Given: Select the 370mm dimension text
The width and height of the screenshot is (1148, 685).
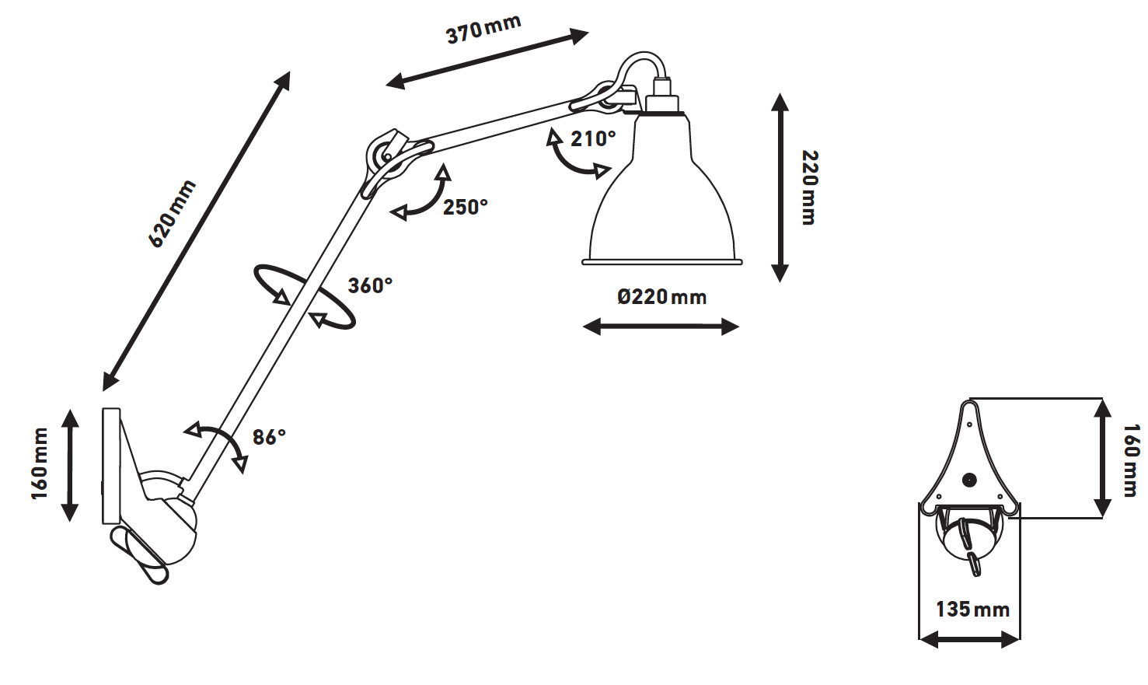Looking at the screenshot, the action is click(x=483, y=30).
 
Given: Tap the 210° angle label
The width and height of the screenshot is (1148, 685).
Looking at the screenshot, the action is click(x=593, y=139).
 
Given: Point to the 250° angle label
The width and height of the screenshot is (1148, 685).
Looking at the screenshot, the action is click(x=466, y=207).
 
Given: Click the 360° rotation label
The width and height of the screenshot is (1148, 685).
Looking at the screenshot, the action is click(x=370, y=285).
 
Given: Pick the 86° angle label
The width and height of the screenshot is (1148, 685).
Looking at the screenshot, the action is click(x=269, y=437).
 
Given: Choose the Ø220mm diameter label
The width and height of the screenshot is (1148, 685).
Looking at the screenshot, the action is click(x=661, y=297).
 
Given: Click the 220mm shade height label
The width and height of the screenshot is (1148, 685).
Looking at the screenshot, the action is click(x=810, y=187).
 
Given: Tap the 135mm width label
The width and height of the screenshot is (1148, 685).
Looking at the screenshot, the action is click(x=972, y=610).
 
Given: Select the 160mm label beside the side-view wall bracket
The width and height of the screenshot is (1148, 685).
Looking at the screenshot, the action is click(x=40, y=463).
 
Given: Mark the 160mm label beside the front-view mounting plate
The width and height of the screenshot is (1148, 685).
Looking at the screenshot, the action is click(x=1131, y=460).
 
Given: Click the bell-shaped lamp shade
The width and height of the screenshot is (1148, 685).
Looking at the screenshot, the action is click(x=662, y=188).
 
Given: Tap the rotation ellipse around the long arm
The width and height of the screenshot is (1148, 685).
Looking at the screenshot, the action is click(x=305, y=296).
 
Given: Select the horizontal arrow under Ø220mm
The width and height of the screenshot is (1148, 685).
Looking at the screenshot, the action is click(x=661, y=327).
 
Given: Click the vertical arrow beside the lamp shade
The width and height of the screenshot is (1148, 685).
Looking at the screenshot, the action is click(x=780, y=187).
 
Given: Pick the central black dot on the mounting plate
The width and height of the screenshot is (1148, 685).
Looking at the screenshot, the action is click(x=969, y=480).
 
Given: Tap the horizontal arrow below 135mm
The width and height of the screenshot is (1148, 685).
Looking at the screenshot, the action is click(x=969, y=639).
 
